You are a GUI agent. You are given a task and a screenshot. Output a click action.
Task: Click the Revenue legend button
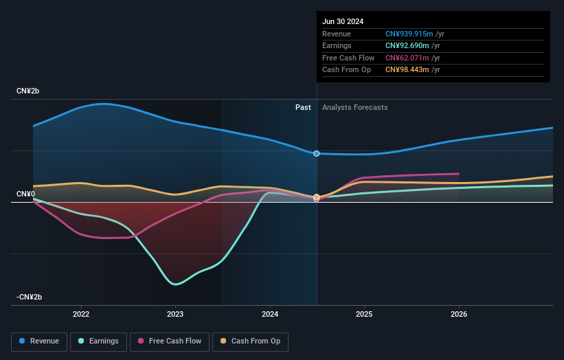point(40,341)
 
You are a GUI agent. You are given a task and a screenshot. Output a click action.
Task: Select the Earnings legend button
point(98,341)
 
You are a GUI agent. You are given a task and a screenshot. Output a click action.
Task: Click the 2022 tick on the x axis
point(81,314)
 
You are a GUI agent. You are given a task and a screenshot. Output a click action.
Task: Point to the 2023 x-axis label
point(175,314)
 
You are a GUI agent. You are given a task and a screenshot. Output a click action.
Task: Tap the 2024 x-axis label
point(270,314)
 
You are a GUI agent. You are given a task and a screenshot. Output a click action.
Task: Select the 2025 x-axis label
point(364,314)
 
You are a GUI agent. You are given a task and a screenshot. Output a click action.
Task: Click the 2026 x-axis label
point(459,314)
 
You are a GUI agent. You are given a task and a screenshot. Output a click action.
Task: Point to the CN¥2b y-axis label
point(30,91)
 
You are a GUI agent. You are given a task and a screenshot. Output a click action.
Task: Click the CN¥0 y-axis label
point(25,194)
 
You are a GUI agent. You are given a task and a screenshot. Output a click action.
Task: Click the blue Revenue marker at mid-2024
point(317,153)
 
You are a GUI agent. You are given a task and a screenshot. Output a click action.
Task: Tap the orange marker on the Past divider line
point(317,197)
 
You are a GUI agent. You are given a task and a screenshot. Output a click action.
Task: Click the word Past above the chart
point(303,107)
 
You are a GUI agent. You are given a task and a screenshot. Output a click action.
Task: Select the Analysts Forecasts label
point(354,107)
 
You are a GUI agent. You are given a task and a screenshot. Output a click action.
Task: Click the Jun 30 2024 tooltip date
point(344,20)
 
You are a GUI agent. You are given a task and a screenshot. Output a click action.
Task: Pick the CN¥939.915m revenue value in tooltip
point(410,34)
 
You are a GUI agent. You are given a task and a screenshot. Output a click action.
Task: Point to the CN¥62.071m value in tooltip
point(408,58)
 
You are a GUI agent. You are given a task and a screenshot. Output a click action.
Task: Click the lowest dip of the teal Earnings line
point(176,284)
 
